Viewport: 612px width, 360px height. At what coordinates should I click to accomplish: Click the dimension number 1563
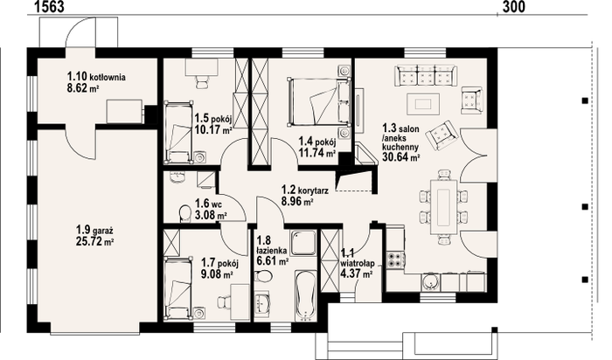point(49,7)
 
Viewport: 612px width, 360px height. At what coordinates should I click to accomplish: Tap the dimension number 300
point(514,7)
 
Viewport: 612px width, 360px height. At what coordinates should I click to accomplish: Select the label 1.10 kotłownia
point(96,76)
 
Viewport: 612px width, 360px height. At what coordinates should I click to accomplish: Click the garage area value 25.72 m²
point(94,242)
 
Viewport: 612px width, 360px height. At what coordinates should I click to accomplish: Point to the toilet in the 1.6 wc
point(184,213)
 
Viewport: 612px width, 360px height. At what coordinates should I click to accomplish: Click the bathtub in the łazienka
point(305,295)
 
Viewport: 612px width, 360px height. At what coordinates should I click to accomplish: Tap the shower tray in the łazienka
point(303,243)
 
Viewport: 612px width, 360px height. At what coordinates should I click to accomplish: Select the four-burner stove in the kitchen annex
point(395,260)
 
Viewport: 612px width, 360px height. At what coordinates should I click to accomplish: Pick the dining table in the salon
point(444,207)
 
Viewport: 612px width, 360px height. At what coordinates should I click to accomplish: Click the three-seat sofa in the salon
point(426,75)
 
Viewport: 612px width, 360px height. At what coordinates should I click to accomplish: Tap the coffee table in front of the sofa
point(423,104)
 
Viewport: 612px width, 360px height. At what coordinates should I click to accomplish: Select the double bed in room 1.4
point(319,102)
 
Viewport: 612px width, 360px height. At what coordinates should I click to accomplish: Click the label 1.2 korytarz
point(305,190)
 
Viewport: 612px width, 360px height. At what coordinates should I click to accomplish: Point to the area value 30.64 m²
point(400,157)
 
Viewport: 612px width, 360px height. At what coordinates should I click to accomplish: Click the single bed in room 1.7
point(178,287)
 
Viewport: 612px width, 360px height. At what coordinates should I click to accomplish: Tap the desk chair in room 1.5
point(201,82)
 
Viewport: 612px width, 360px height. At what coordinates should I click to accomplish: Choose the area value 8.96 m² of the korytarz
point(298,202)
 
